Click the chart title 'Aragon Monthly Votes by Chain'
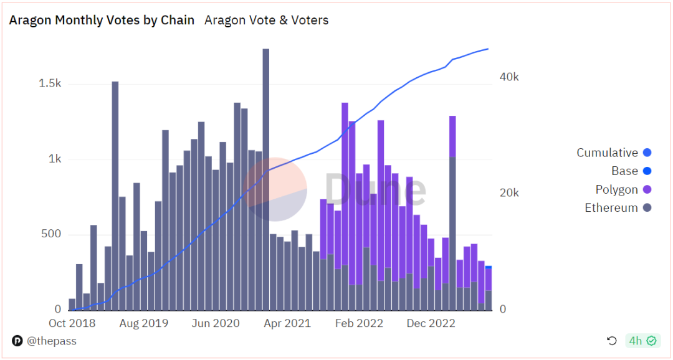[102, 20]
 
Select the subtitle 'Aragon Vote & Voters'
[266, 20]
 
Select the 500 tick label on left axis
[50, 234]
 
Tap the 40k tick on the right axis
[508, 77]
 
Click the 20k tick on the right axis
[508, 193]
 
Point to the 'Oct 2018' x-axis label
[72, 323]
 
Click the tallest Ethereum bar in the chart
[265, 181]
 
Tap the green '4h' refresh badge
[642, 341]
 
